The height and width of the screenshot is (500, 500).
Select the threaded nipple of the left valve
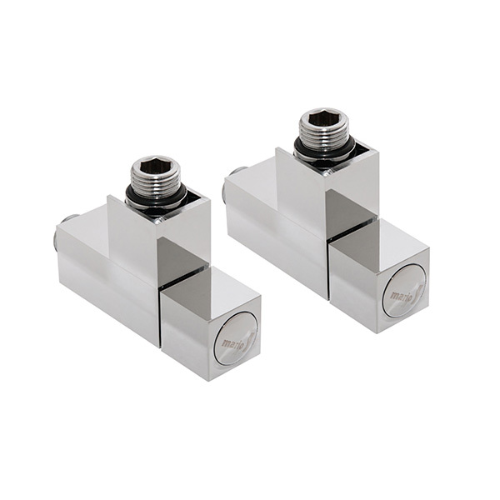[157, 179]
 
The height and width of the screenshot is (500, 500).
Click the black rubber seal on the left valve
[157, 199]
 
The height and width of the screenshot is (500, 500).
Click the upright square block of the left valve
[133, 237]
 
